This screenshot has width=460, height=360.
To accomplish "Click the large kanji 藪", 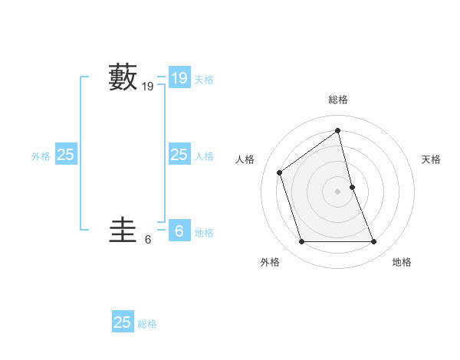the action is pyautogui.click(x=123, y=77).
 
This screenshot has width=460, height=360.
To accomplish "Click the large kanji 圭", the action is pyautogui.click(x=123, y=230).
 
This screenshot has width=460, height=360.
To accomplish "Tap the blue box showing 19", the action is pyautogui.click(x=179, y=77).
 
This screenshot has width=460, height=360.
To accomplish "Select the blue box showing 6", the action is pyautogui.click(x=179, y=230).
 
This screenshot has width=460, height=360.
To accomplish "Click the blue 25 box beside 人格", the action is pyautogui.click(x=179, y=155).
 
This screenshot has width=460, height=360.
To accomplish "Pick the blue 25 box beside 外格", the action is pyautogui.click(x=65, y=155).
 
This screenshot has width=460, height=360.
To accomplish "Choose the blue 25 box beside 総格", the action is pyautogui.click(x=123, y=322).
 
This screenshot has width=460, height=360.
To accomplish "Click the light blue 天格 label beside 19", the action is pyautogui.click(x=204, y=80).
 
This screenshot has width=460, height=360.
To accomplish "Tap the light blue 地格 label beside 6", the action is pyautogui.click(x=204, y=233).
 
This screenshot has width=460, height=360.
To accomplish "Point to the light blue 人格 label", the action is pyautogui.click(x=204, y=156).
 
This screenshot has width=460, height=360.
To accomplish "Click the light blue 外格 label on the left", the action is pyautogui.click(x=41, y=156).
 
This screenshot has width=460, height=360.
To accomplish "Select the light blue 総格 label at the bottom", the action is pyautogui.click(x=147, y=324).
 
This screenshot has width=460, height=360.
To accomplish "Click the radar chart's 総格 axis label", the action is pyautogui.click(x=338, y=100).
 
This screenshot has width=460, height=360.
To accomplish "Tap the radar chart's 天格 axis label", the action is pyautogui.click(x=431, y=159).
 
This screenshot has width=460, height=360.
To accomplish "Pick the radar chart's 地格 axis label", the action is pyautogui.click(x=402, y=262).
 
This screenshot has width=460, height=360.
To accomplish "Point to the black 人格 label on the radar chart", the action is pyautogui.click(x=245, y=159).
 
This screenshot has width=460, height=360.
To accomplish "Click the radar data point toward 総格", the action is pyautogui.click(x=338, y=130).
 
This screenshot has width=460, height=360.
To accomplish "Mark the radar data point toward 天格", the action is pyautogui.click(x=353, y=187).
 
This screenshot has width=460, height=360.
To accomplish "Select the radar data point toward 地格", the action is pyautogui.click(x=374, y=242).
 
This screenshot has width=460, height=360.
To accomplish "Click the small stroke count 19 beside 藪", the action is pyautogui.click(x=148, y=87).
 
